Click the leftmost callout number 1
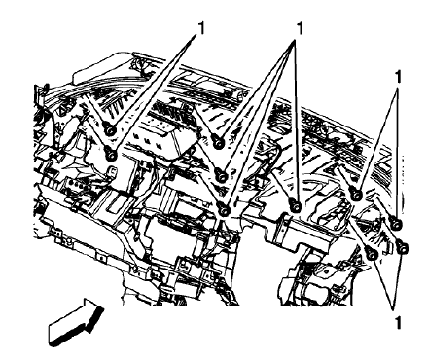point(201,27)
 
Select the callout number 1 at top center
point(299,27)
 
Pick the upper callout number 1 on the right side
point(399,73)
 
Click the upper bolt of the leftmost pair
point(111,130)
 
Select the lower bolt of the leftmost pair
point(111,153)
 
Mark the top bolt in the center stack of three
point(219,143)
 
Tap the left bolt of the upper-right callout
point(356,197)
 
